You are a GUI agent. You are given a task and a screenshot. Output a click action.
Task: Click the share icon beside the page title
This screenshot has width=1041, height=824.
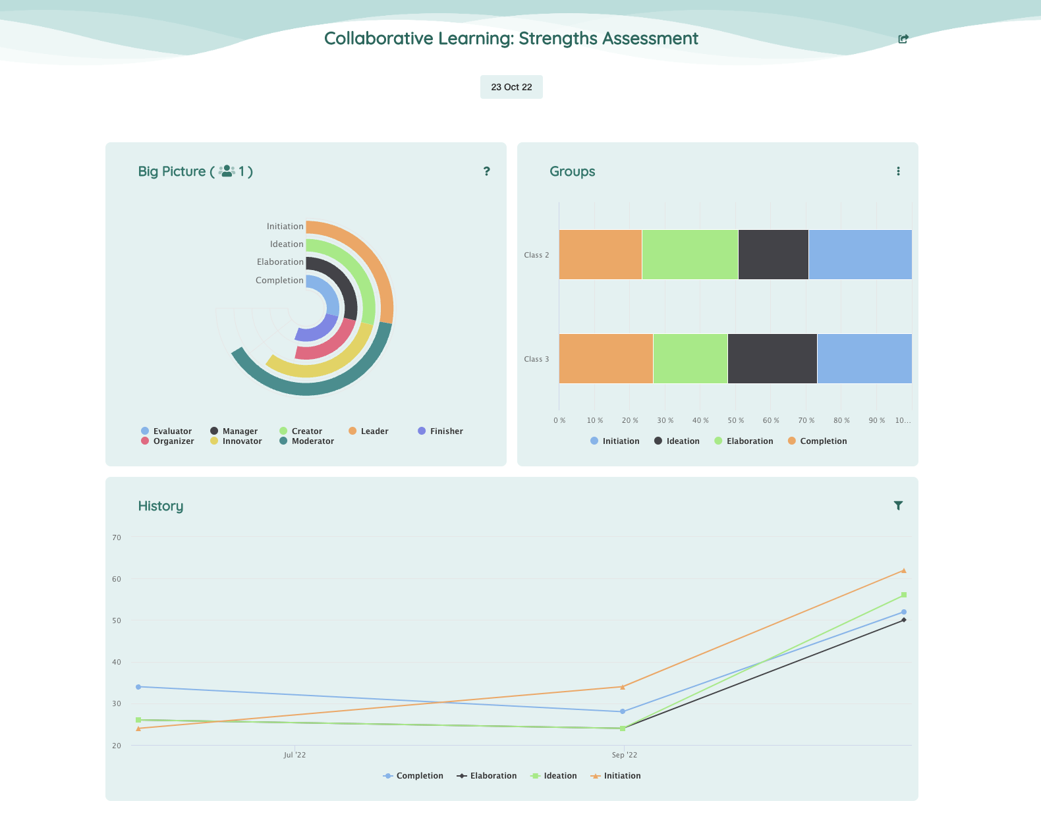[x=903, y=39]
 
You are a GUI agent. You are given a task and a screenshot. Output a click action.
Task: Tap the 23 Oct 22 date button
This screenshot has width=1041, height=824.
[x=511, y=87]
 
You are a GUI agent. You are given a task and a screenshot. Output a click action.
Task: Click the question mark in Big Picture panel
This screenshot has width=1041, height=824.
[x=487, y=171]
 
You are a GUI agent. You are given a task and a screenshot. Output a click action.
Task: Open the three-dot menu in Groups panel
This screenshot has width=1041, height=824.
[x=898, y=171]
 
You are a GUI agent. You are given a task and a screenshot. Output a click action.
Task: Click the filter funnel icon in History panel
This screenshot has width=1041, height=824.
[x=898, y=505]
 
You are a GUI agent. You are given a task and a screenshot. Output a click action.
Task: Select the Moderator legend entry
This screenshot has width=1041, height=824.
[x=306, y=441]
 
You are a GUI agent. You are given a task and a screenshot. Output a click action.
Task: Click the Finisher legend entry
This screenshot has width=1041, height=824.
[x=440, y=431]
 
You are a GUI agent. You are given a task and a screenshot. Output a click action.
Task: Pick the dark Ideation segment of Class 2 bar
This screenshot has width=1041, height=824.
[x=773, y=254]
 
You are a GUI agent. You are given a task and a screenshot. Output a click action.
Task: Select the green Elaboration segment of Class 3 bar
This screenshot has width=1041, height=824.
[x=690, y=358]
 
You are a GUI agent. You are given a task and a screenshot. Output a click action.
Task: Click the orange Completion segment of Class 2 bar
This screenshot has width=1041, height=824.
[x=600, y=254]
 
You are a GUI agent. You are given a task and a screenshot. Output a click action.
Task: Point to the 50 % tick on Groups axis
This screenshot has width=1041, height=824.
[x=735, y=420]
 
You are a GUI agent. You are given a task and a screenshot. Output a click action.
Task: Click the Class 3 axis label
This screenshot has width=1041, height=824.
[x=536, y=359]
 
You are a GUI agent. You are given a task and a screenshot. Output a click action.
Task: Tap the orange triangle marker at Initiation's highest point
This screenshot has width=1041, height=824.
[x=903, y=570]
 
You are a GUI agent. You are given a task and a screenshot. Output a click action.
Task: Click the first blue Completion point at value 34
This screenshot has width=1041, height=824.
[x=138, y=686]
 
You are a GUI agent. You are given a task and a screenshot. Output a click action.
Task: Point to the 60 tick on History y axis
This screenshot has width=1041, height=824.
[x=117, y=579]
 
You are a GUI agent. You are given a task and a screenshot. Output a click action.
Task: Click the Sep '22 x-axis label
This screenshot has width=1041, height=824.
[x=624, y=755]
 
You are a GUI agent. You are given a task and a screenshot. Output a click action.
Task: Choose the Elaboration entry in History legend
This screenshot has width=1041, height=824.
[x=487, y=776]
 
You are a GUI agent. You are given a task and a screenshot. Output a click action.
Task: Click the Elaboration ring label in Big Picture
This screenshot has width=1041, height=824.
[x=280, y=261]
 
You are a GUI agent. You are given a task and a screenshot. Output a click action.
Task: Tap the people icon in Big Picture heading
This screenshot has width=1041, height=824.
[x=227, y=171]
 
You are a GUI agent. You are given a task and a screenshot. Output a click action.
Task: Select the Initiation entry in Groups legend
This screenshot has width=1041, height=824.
[x=615, y=441]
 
